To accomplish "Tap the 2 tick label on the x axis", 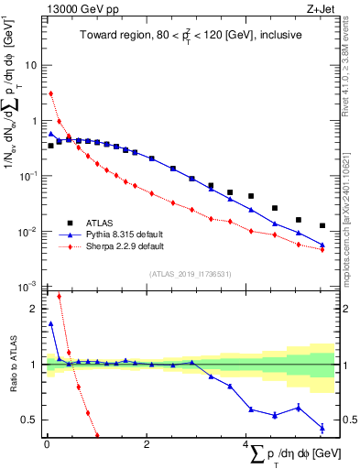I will [x=146, y=444].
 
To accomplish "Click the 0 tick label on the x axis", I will [x=47, y=444].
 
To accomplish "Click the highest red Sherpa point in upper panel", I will [x=51, y=93].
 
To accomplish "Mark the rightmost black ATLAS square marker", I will [x=322, y=225].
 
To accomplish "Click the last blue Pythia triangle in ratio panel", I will [x=322, y=427].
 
